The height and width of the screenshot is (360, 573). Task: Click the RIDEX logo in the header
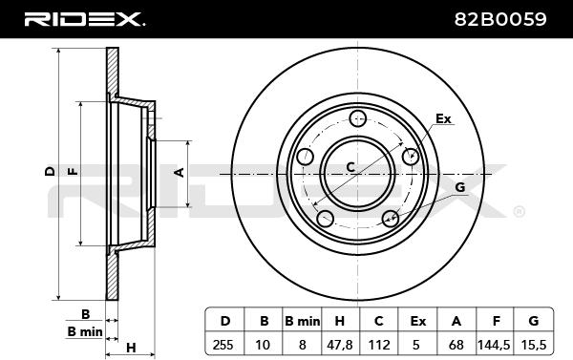85,19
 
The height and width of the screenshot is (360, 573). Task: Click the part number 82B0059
500,19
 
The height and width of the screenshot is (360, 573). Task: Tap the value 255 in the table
223,345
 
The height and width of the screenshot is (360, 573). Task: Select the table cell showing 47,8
339,345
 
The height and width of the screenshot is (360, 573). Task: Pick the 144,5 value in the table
494,345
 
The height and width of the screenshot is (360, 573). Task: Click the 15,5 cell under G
534,345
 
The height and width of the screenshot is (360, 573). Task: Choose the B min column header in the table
302,321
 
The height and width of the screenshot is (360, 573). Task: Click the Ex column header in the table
417,321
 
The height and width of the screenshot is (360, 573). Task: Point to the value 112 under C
378,345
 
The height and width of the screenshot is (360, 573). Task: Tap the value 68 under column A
456,345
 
